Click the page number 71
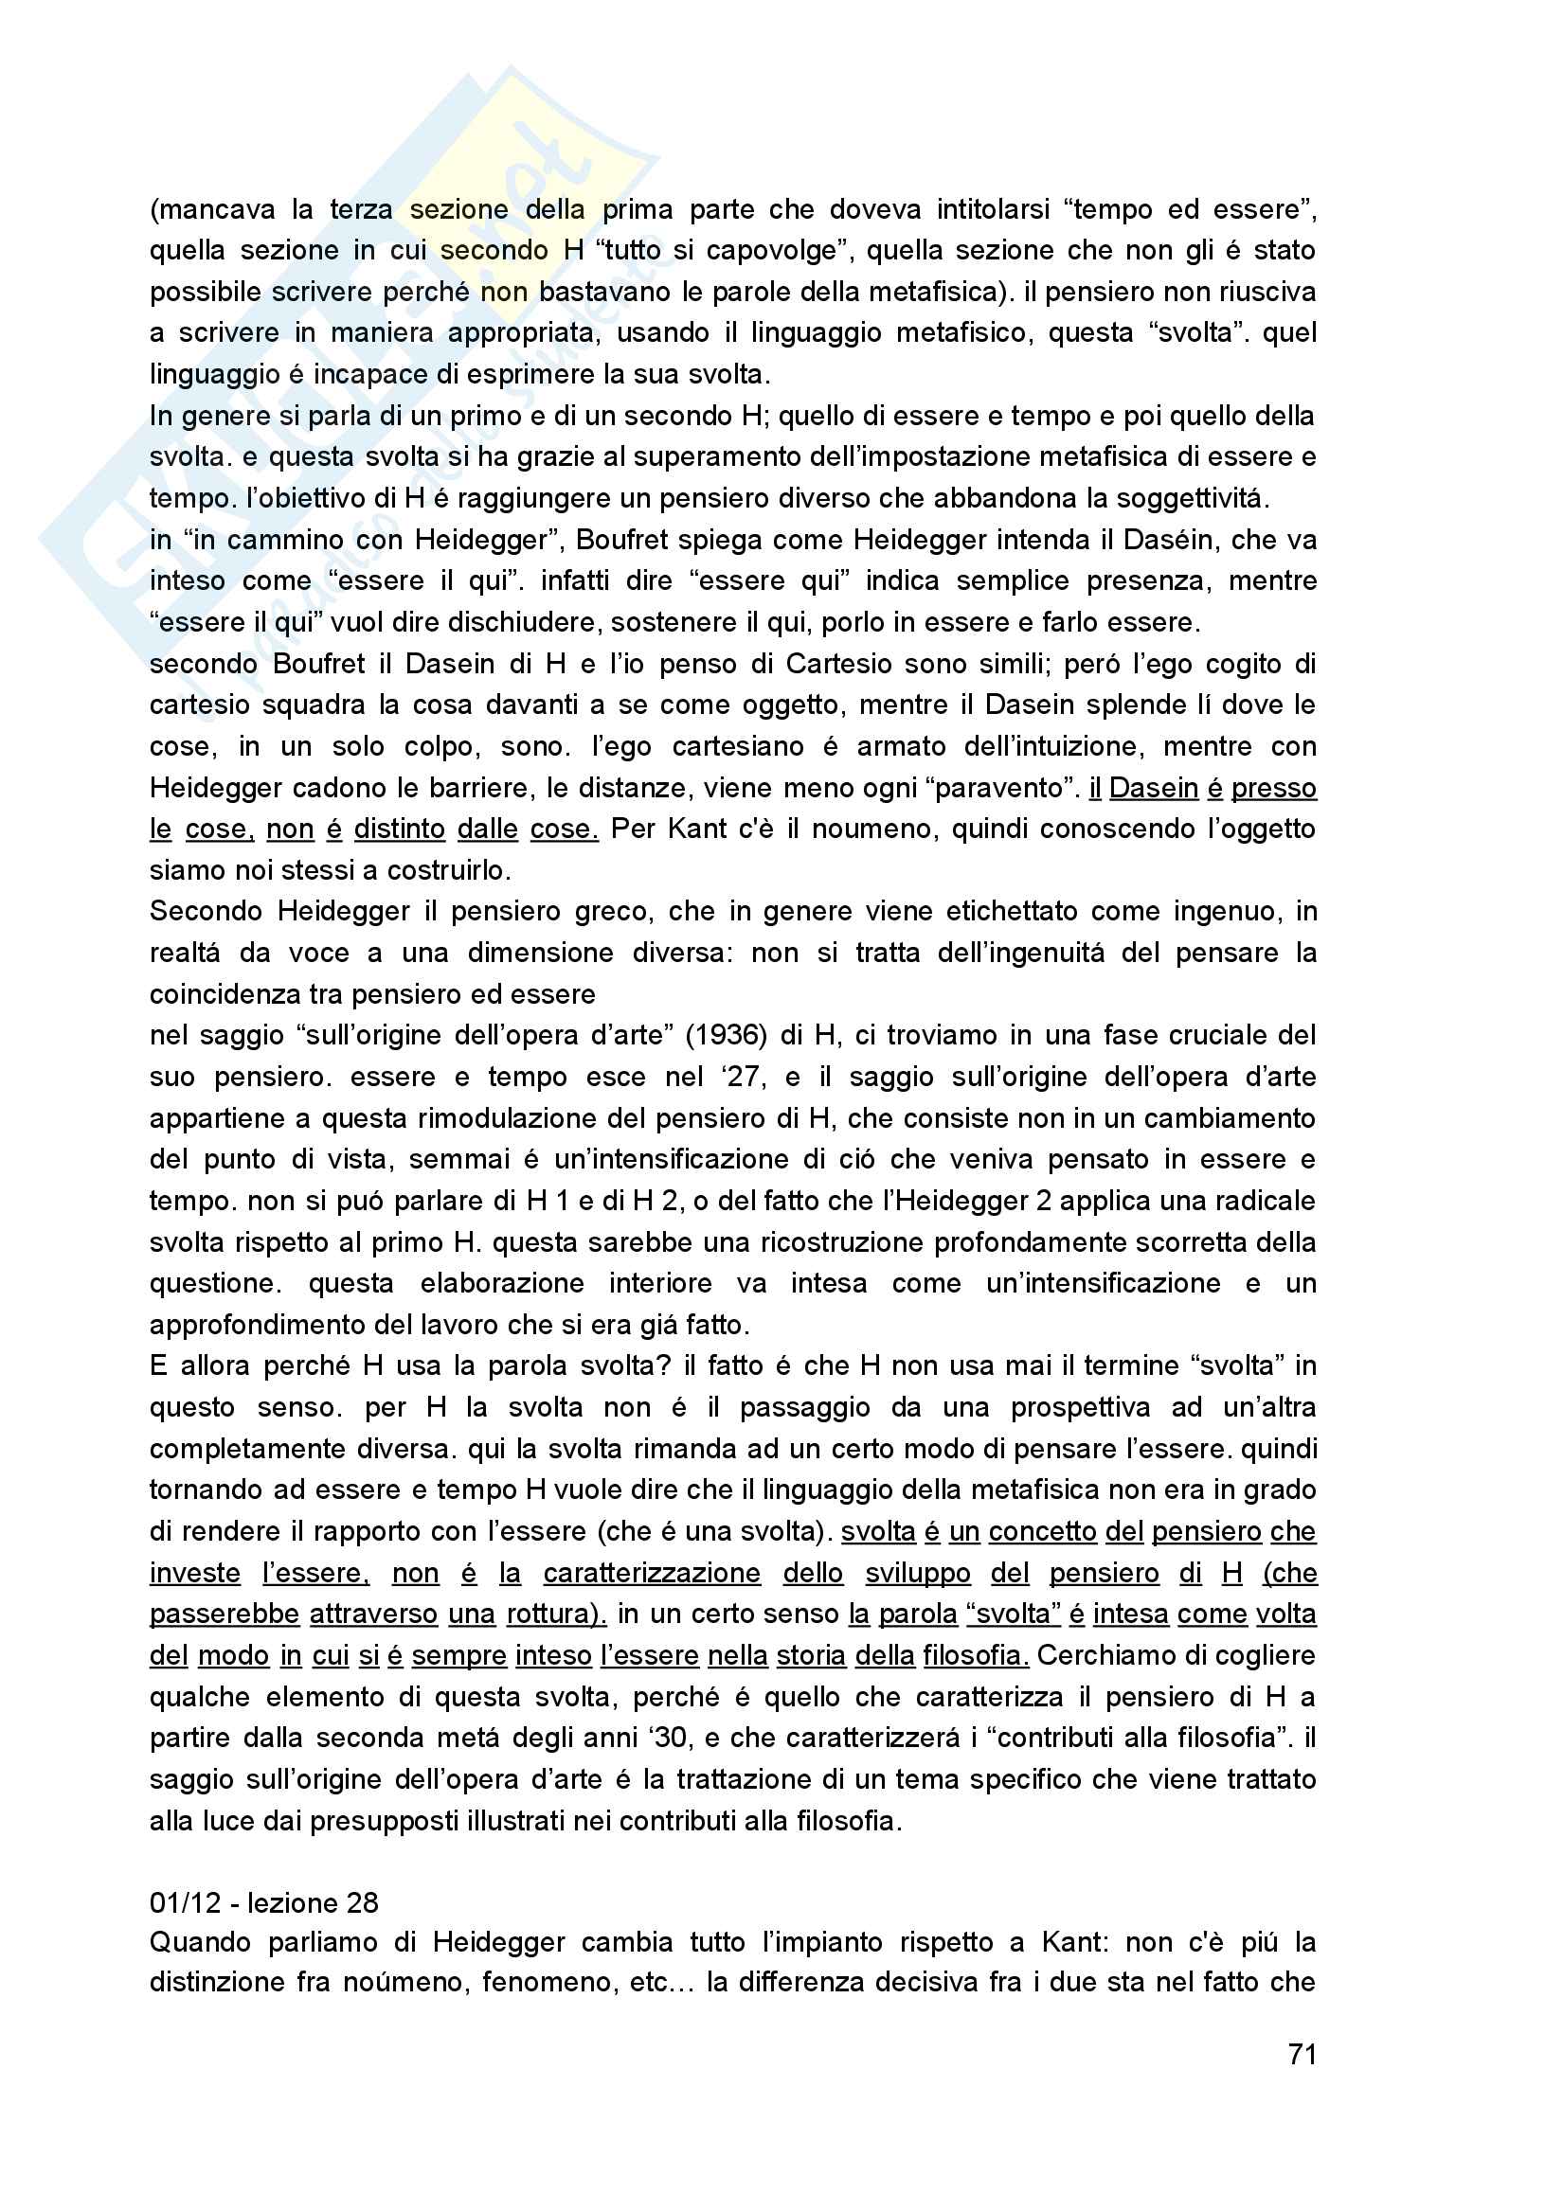[1302, 2054]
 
